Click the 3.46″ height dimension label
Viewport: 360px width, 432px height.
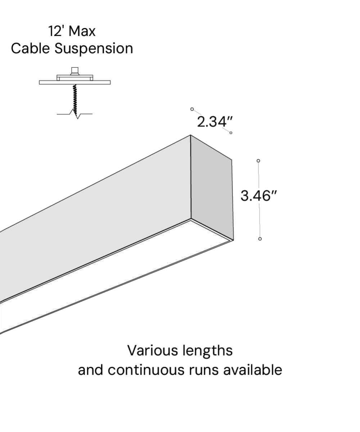click(x=259, y=196)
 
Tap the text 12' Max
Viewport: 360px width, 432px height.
click(x=72, y=31)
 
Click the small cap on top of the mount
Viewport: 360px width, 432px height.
click(x=75, y=70)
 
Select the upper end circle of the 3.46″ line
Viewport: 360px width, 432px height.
click(x=258, y=161)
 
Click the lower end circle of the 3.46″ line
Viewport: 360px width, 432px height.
click(x=260, y=239)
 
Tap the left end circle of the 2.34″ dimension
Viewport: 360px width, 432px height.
click(x=192, y=109)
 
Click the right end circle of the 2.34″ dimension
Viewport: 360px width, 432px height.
click(x=231, y=133)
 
